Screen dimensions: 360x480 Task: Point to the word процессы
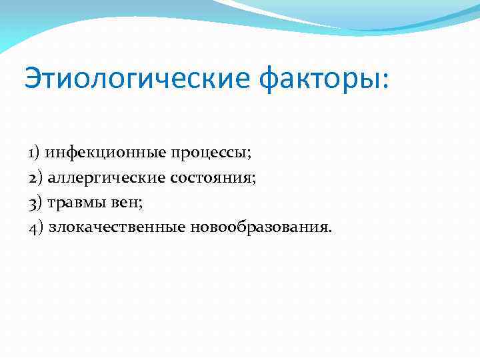(209, 153)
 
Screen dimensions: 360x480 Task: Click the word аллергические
(107, 177)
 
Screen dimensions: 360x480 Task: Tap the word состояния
(212, 178)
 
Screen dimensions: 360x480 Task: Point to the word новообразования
(259, 227)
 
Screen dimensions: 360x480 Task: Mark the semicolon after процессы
(249, 155)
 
